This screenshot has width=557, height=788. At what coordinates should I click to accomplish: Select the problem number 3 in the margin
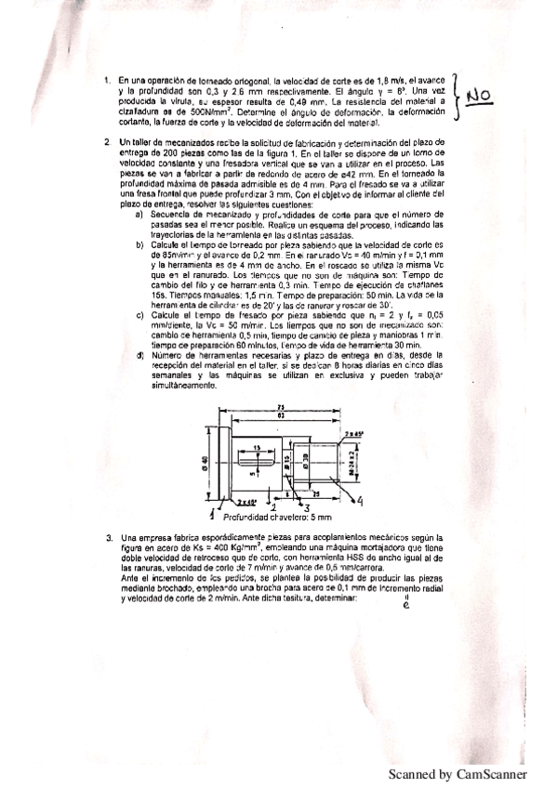pyautogui.click(x=109, y=538)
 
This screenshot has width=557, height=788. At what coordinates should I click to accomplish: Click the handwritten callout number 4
pyautogui.click(x=359, y=501)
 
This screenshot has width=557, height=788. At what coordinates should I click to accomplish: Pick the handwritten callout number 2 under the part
pyautogui.click(x=272, y=508)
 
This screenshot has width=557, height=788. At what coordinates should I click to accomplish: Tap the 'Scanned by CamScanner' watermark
pyautogui.click(x=457, y=773)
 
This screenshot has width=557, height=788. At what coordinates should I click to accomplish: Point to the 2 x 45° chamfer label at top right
pyautogui.click(x=353, y=434)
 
